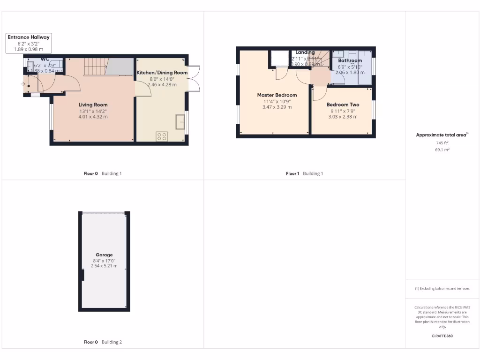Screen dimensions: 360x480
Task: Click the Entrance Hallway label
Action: (x=29, y=37)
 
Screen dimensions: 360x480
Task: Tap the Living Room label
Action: (x=93, y=105)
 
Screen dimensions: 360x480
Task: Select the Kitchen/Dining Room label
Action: (x=162, y=73)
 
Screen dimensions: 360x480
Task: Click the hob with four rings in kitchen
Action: (x=162, y=136)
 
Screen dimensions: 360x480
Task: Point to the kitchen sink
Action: (x=180, y=122)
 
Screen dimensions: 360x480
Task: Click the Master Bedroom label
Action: (x=277, y=95)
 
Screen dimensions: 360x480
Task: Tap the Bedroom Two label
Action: (x=343, y=105)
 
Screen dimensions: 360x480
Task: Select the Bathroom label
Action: (x=350, y=60)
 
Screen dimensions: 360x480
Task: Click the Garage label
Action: (x=104, y=255)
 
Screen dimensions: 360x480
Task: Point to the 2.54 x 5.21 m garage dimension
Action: (x=104, y=266)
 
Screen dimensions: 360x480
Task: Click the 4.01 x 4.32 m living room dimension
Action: (x=93, y=116)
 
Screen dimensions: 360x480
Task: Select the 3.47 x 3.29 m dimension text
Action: (x=277, y=107)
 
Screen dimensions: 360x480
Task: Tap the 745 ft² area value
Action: (x=442, y=143)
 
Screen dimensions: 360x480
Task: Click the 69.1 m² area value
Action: (x=442, y=150)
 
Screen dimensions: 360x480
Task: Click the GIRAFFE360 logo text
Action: (x=442, y=336)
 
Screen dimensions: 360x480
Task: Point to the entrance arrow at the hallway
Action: (x=23, y=84)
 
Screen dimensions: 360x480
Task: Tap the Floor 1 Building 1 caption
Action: (x=304, y=173)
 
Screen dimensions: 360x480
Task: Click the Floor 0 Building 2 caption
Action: (x=102, y=342)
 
